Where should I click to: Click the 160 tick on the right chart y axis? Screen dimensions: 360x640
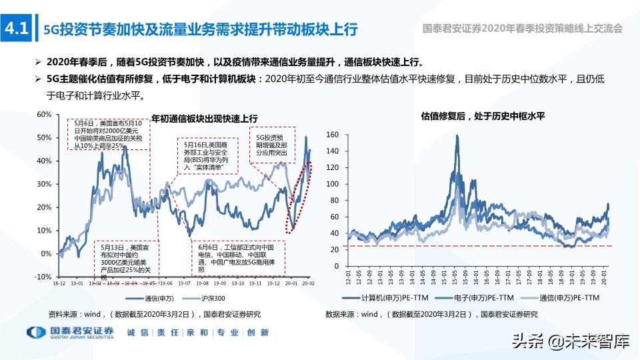[333, 135]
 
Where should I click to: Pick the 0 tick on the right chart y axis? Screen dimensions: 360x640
[337, 266]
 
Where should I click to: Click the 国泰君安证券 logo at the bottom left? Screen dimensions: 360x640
[70, 333]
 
